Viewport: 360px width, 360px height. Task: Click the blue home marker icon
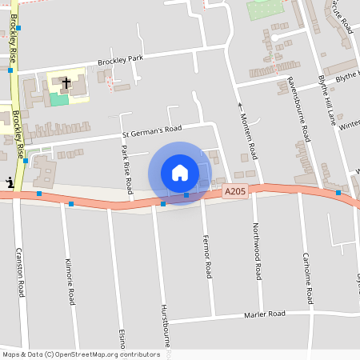pyautogui.click(x=180, y=173)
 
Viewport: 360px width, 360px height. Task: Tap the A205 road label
pyautogui.click(x=235, y=191)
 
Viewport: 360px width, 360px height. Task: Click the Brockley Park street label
pyautogui.click(x=120, y=59)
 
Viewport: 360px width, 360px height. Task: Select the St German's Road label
pyautogui.click(x=152, y=129)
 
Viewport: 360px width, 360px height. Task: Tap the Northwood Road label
pyautogui.click(x=257, y=250)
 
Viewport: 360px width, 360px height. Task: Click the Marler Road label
pyautogui.click(x=265, y=314)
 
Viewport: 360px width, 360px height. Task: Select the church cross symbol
pyautogui.click(x=66, y=82)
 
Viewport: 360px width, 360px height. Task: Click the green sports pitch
pyautogui.click(x=265, y=10)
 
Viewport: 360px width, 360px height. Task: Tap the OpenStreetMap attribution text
pyautogui.click(x=81, y=354)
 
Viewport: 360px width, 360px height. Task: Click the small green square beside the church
pyautogui.click(x=58, y=98)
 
